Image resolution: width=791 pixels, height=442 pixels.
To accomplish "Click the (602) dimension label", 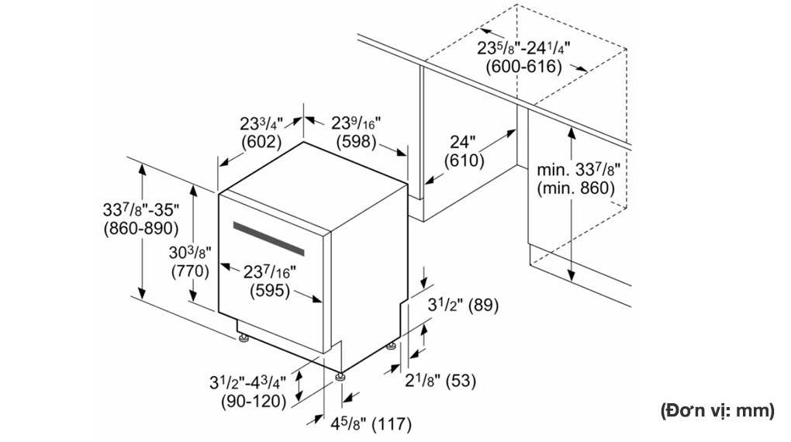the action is click(x=261, y=142).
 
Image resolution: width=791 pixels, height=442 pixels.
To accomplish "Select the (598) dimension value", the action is click(x=357, y=142).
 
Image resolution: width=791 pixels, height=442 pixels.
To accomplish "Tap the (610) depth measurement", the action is click(x=464, y=161).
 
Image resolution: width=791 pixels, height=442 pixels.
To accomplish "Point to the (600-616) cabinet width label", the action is click(x=523, y=67).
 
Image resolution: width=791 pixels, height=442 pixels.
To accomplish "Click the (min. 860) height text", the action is click(x=576, y=188).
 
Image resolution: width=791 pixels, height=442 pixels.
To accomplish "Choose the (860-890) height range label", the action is click(x=141, y=229).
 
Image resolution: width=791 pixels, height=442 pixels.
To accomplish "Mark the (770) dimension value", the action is click(x=190, y=271).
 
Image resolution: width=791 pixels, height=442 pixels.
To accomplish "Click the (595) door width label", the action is click(x=270, y=291).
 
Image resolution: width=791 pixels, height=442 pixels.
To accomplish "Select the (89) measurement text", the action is click(x=483, y=305).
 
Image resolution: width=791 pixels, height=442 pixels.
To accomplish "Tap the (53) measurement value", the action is click(x=461, y=380).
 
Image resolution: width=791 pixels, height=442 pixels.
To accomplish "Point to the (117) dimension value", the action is click(x=392, y=424).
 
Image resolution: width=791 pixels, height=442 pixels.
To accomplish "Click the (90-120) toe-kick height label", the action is click(x=254, y=402).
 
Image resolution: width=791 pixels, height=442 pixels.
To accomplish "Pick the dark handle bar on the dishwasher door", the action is click(x=269, y=238).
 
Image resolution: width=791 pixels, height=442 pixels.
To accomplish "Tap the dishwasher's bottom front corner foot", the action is click(x=341, y=376).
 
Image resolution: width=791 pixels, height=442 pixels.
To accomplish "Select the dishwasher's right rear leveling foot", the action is click(x=391, y=346).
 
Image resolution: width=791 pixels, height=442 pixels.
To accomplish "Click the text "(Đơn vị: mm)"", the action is click(x=717, y=411).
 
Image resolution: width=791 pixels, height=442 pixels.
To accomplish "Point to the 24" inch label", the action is click(x=463, y=142).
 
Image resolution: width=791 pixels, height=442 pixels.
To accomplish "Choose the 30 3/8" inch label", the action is click(x=190, y=252).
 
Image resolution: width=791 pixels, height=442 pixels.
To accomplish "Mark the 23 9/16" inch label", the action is click(x=356, y=123).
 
